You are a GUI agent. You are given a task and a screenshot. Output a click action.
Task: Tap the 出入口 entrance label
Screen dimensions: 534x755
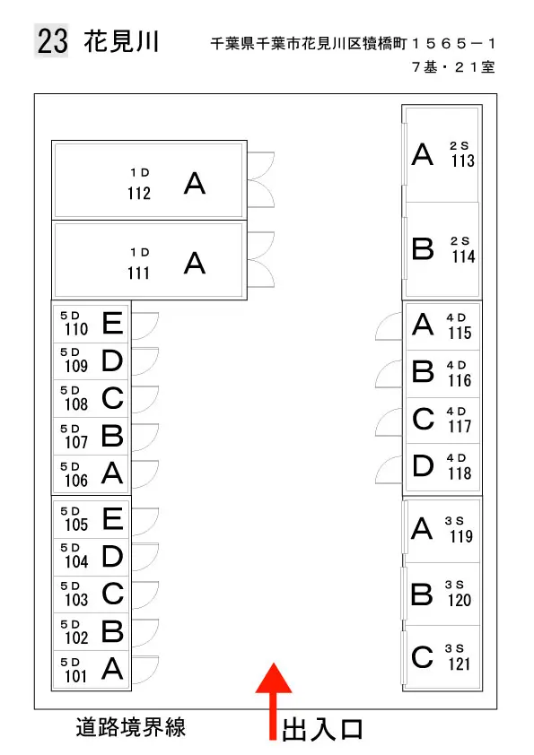[x=322, y=730]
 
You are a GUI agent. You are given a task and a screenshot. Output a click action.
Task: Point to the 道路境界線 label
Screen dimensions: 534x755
[x=131, y=727]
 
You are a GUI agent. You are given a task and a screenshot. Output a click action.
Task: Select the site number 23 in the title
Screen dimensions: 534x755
[x=53, y=41]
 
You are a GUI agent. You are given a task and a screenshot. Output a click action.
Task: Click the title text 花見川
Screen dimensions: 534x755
[x=121, y=41]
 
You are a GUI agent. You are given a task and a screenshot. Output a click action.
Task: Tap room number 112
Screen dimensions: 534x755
[x=139, y=193]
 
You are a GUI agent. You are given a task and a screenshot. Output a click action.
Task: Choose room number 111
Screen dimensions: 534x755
[x=138, y=273]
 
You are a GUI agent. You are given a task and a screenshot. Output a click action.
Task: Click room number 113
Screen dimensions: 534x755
[x=463, y=161]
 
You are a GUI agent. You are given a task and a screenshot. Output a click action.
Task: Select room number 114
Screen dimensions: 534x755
[x=463, y=256]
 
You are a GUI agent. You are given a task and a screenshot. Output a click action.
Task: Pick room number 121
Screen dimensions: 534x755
[x=459, y=664]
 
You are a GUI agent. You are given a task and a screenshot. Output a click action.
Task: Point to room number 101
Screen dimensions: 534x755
[x=76, y=676]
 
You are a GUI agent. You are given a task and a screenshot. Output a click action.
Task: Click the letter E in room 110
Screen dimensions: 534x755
[x=113, y=323]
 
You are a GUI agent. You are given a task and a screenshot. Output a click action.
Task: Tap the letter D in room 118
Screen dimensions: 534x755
[x=423, y=465]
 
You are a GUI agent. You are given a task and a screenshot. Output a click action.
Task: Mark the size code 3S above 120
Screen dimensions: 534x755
[x=454, y=585]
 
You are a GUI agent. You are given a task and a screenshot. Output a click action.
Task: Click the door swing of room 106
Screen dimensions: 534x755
[x=145, y=474]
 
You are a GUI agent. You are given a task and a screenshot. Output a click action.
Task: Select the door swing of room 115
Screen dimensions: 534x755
[x=389, y=326]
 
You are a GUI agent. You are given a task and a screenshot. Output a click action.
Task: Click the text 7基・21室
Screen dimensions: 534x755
[x=453, y=67]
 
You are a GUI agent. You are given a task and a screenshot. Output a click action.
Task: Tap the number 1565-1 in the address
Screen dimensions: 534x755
[x=453, y=44]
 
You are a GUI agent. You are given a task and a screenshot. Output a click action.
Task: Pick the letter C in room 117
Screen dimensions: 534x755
[x=423, y=419]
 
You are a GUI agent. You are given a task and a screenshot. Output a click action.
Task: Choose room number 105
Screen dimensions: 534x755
[x=76, y=525]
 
